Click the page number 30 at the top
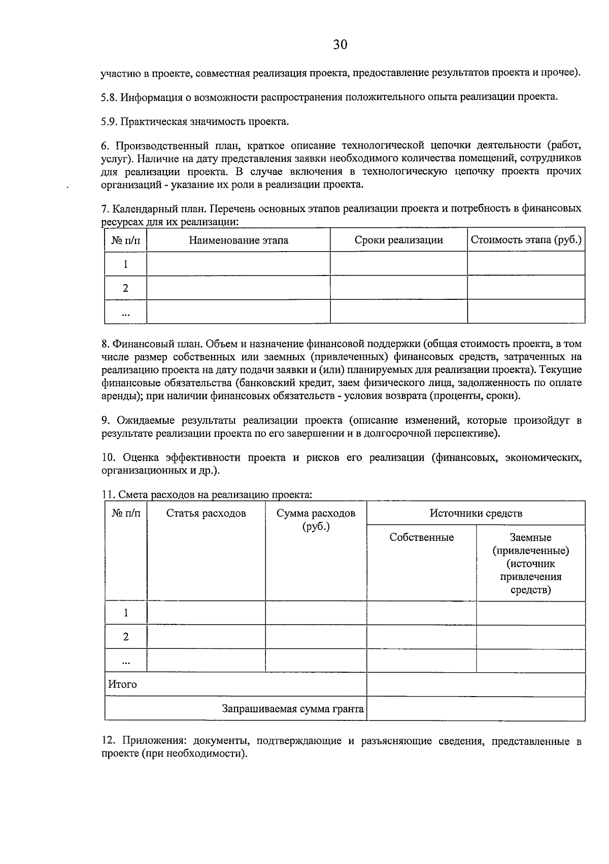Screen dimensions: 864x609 click(x=340, y=45)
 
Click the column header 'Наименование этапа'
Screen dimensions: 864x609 click(x=238, y=240)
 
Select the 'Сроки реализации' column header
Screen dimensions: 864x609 click(x=398, y=240)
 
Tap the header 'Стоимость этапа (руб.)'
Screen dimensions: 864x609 click(x=526, y=240)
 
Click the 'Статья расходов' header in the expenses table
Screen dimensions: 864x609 click(x=206, y=513)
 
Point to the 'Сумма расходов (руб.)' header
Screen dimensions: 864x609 click(x=316, y=520)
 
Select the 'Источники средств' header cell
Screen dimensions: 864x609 click(x=476, y=513)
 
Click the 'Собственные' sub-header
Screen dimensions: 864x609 click(x=421, y=538)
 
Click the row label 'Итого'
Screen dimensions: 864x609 click(x=122, y=684)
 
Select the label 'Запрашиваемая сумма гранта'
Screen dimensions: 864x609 click(x=293, y=709)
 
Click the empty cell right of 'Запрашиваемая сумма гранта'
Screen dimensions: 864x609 click(x=476, y=709)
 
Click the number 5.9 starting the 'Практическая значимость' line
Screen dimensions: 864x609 click(x=108, y=122)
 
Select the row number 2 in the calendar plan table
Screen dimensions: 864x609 click(x=125, y=288)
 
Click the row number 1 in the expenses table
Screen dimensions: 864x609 click(x=126, y=613)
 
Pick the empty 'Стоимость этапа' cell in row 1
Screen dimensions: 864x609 click(x=526, y=264)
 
